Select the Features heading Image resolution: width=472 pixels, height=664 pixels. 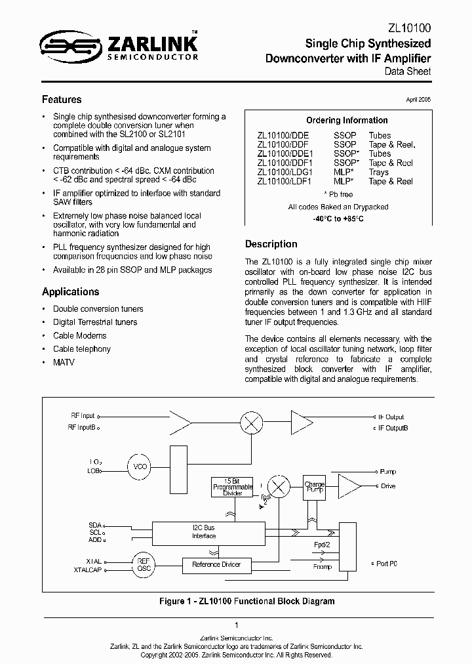[62, 100]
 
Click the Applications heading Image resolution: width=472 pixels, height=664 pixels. [71, 292]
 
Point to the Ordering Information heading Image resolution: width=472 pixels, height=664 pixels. [347, 120]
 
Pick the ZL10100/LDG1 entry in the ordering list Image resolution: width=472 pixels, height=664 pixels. [285, 172]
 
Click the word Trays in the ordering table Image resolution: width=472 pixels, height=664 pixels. [380, 172]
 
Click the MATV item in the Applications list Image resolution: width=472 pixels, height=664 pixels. [64, 362]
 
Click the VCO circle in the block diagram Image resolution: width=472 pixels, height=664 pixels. [140, 466]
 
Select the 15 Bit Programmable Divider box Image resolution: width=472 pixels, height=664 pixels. [233, 487]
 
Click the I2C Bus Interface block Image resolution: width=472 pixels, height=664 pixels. [204, 531]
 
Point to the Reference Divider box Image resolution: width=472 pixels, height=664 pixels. [216, 564]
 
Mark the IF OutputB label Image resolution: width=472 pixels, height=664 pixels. [393, 427]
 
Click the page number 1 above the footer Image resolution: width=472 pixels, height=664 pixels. [236, 625]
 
